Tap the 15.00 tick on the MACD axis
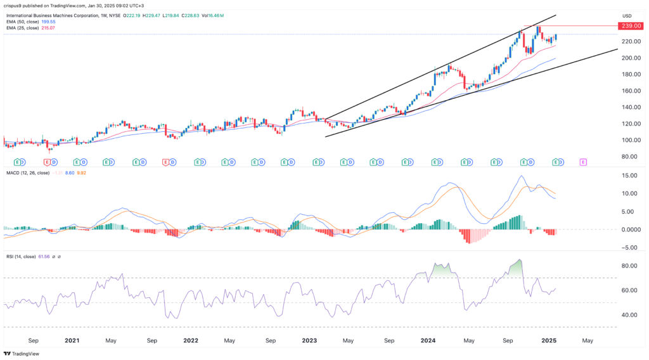(629, 175)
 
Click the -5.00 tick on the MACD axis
(629, 248)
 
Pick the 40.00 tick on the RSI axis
(629, 315)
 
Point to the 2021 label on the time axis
(72, 340)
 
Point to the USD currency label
(627, 16)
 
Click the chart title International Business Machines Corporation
(57, 15)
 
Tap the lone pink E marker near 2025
(583, 162)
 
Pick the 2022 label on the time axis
(191, 340)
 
